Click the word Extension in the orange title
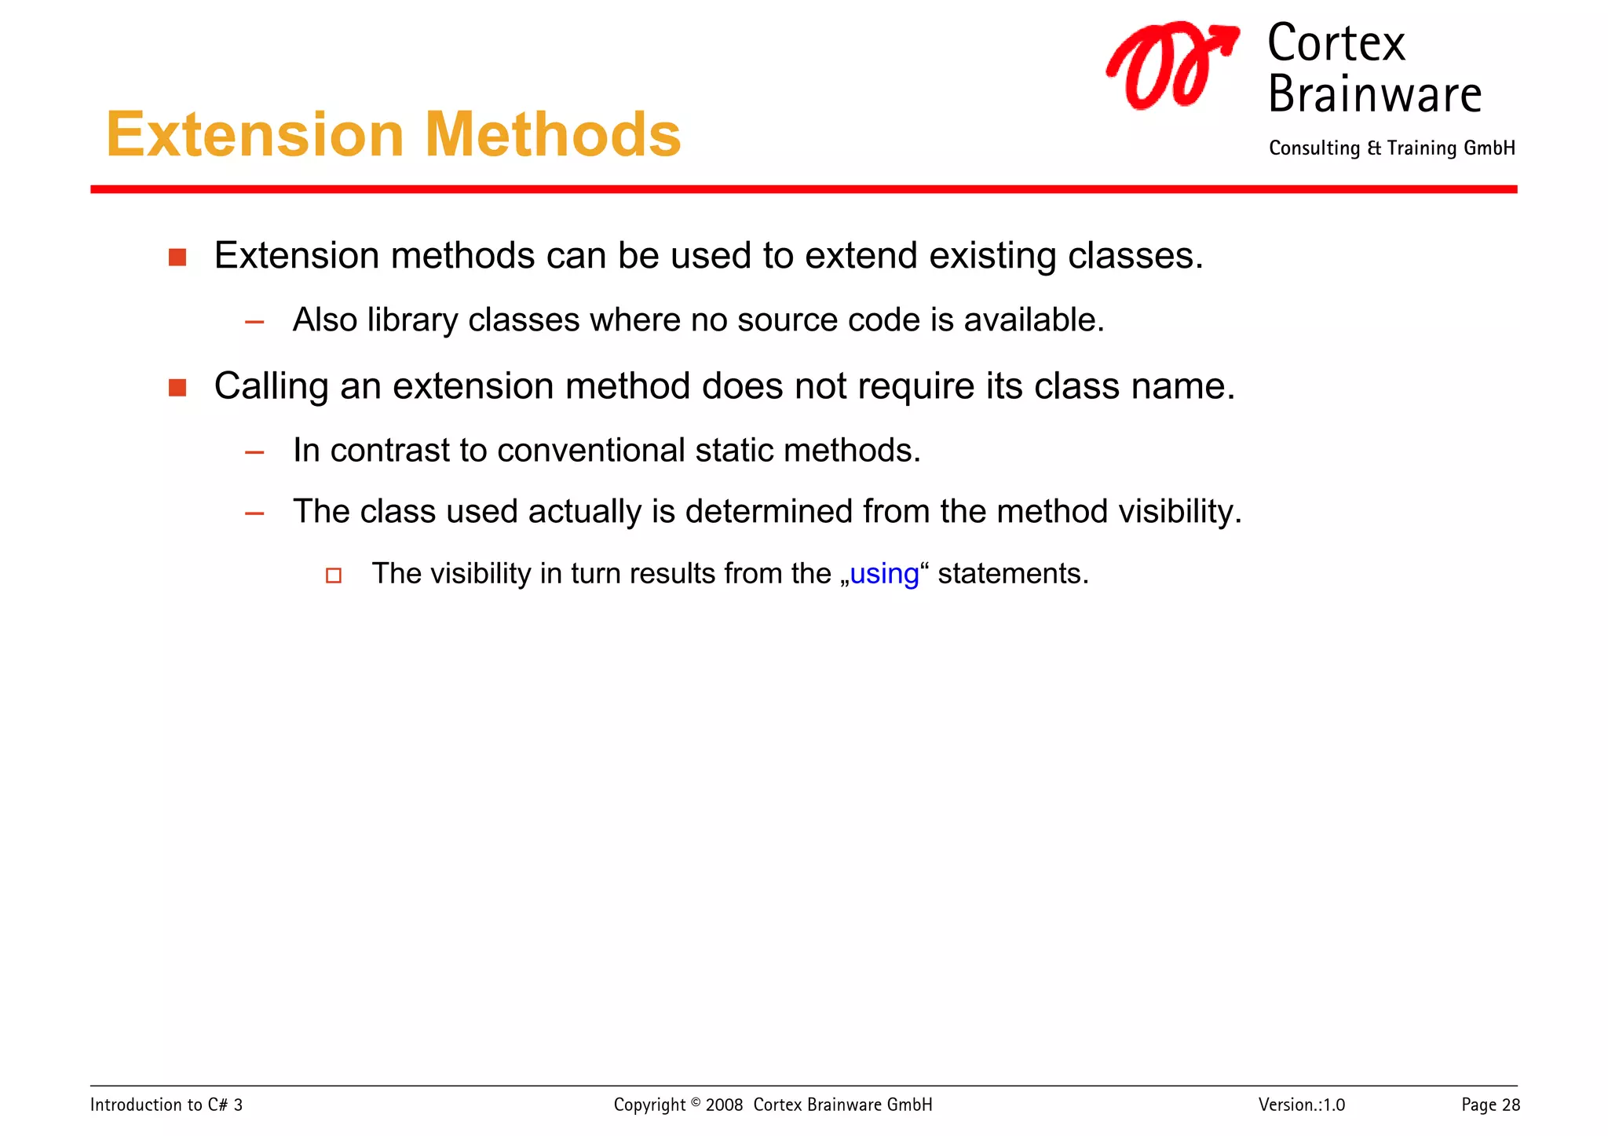click(x=255, y=135)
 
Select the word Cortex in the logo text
click(x=1336, y=44)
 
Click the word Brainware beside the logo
click(x=1374, y=95)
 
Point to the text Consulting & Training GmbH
click(x=1391, y=148)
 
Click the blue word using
click(x=884, y=575)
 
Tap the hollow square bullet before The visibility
click(x=334, y=575)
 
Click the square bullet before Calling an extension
click(x=177, y=388)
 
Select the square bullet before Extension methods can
click(x=177, y=258)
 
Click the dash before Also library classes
click(x=254, y=322)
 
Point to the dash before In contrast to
click(x=254, y=452)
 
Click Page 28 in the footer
click(x=1489, y=1105)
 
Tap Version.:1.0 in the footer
click(x=1301, y=1105)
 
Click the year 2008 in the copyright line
click(x=724, y=1105)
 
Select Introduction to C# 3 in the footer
click(x=166, y=1105)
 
